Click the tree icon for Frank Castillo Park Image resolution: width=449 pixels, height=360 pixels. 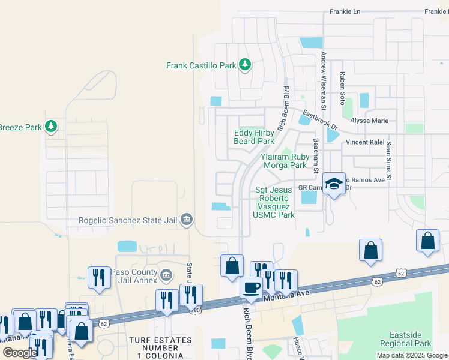244,64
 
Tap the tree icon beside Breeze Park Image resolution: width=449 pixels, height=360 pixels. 52,126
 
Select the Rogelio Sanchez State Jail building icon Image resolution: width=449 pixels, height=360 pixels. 187,220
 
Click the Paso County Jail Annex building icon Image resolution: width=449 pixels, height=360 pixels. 166,275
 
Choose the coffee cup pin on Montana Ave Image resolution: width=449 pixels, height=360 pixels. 251,287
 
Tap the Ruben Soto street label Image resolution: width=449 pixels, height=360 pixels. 343,85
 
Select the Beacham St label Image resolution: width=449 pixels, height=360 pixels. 315,154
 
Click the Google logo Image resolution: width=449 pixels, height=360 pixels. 19,353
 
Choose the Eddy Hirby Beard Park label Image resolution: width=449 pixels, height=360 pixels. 254,137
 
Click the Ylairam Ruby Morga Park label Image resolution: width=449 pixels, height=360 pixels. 283,160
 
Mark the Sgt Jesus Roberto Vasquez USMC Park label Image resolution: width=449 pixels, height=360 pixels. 274,202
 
